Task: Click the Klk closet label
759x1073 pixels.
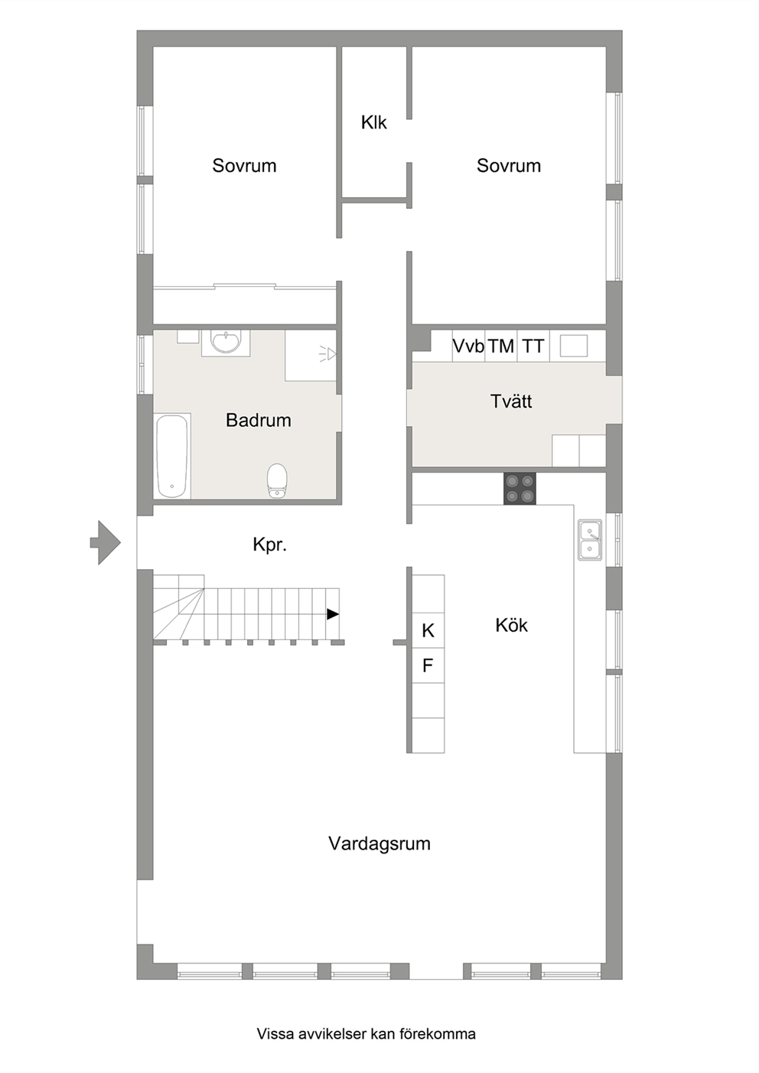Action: [x=373, y=122]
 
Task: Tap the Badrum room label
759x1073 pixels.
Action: [x=259, y=420]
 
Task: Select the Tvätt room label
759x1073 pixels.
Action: [x=511, y=401]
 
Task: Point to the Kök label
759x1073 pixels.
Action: [x=511, y=625]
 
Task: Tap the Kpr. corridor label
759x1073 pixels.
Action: [x=270, y=545]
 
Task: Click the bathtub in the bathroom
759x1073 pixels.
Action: [x=172, y=456]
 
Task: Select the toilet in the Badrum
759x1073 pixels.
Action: [x=277, y=480]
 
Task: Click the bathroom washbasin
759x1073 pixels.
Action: [x=226, y=342]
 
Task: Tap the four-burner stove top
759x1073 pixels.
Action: [x=520, y=488]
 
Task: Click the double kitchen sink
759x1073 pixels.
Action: [x=590, y=540]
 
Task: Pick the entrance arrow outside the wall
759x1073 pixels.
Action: [x=106, y=543]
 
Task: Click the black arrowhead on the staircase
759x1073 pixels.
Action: [x=333, y=614]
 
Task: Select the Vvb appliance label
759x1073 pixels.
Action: [x=468, y=346]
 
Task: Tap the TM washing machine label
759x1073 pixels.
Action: [x=501, y=346]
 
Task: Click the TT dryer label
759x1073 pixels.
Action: [x=533, y=346]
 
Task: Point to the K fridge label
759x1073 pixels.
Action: [x=428, y=631]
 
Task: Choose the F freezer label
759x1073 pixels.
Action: [x=428, y=665]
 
